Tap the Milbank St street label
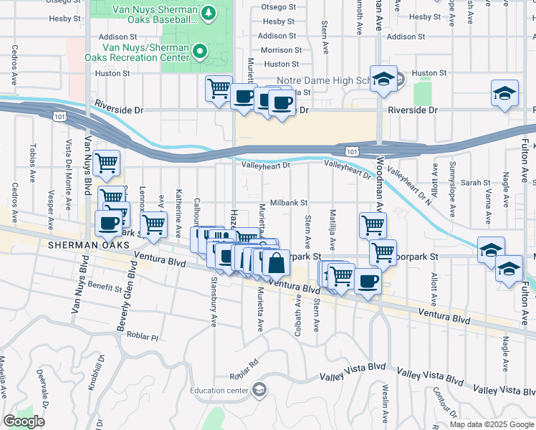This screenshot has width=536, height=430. [288, 203]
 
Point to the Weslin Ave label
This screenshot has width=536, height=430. [386, 403]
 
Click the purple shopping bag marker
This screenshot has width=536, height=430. [275, 264]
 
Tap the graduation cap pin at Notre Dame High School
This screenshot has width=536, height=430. [384, 80]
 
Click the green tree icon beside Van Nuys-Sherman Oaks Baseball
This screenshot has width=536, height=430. [209, 13]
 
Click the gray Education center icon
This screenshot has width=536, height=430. [259, 391]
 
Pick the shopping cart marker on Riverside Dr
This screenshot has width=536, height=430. [219, 89]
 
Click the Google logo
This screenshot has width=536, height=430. [24, 421]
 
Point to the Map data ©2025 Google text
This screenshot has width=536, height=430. [492, 424]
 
